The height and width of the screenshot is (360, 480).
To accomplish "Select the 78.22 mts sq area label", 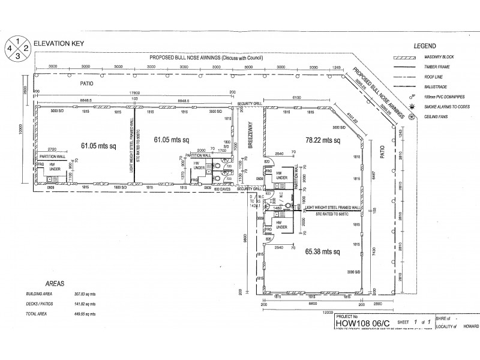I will tap(322, 140).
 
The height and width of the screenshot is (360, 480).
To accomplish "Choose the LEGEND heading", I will tap(424, 46).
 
